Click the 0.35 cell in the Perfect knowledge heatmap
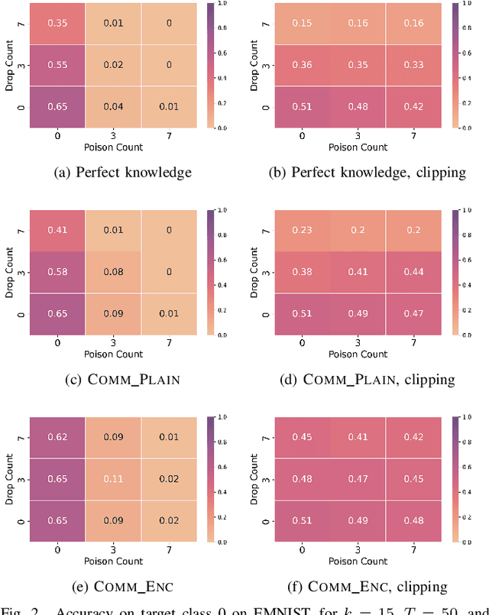tap(58, 24)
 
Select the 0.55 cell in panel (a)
tap(58, 66)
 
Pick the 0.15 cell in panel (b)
tap(303, 24)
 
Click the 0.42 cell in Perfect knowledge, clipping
tap(414, 107)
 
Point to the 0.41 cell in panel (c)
tap(58, 231)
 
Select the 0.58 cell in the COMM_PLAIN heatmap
tap(58, 272)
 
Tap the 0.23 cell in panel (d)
tap(303, 231)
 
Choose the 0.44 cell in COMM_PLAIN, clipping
tap(414, 272)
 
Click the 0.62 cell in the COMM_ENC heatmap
tap(58, 438)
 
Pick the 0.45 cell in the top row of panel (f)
tap(303, 438)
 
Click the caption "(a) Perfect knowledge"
tap(121, 173)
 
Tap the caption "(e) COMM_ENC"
tap(121, 586)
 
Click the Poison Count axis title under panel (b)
tap(358, 147)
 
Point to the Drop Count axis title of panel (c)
tap(9, 271)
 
